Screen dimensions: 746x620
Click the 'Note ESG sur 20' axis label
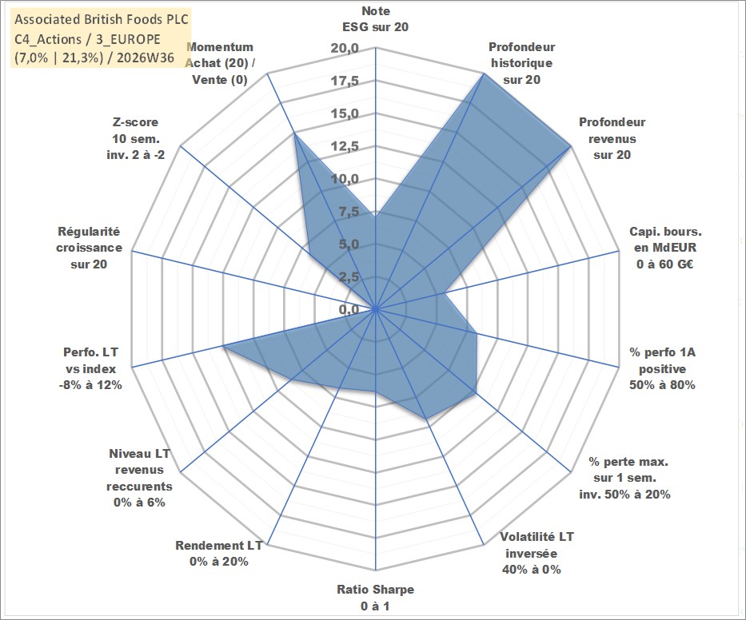[x=375, y=19]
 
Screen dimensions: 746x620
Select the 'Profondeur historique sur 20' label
[x=521, y=63]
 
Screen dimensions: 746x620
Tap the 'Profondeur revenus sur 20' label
[x=612, y=138]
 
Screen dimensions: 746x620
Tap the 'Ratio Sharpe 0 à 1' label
[x=375, y=598]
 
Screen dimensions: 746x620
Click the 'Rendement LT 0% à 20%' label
[x=219, y=554]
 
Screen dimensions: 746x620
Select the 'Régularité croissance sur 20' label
[x=89, y=248]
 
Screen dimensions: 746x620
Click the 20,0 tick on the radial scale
[x=345, y=49]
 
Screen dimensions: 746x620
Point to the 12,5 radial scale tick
[x=345, y=146]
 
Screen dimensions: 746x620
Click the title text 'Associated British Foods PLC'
[x=102, y=19]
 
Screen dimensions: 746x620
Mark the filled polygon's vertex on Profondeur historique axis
[x=484, y=74]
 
